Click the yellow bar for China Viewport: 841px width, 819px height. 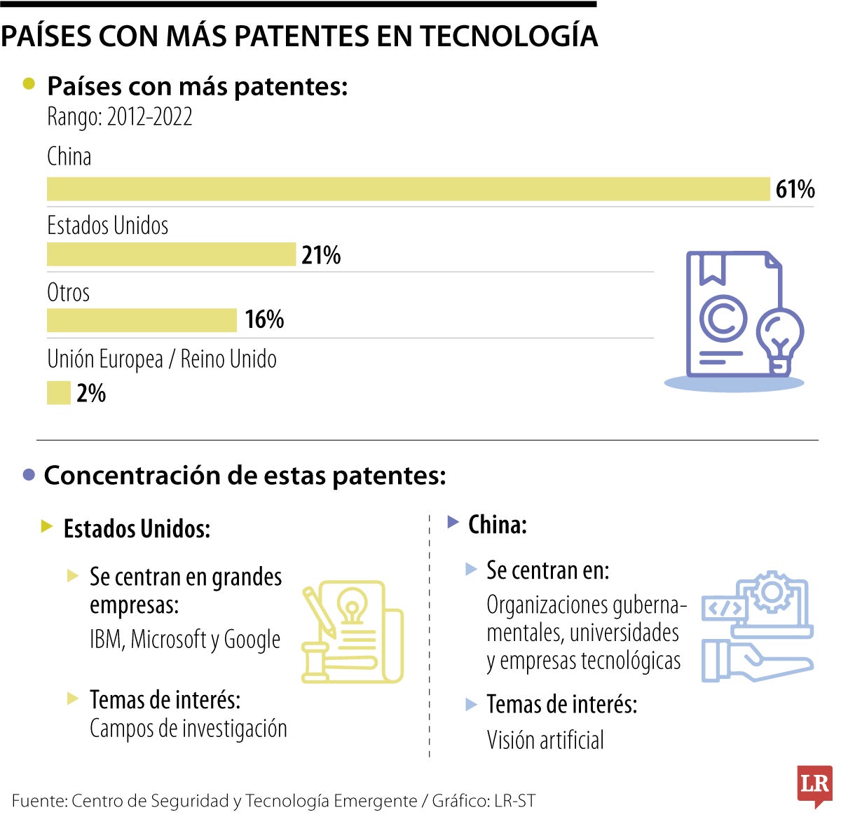(x=408, y=189)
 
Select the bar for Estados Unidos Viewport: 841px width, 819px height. (x=171, y=254)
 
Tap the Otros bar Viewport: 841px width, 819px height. (x=142, y=320)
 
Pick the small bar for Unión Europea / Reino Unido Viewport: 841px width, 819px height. (x=59, y=393)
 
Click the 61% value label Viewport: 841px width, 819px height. (x=795, y=189)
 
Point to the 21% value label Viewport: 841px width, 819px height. (x=321, y=255)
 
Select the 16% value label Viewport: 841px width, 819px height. (x=264, y=319)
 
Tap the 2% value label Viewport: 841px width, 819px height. (x=91, y=393)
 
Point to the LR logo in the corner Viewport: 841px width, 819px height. (x=814, y=785)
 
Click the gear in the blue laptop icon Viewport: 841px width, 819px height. (x=772, y=593)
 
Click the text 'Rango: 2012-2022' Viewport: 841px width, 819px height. (x=120, y=117)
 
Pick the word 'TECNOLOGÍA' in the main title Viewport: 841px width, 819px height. (x=508, y=36)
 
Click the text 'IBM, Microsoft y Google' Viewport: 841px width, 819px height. (x=185, y=640)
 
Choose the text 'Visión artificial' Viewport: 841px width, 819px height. (x=545, y=740)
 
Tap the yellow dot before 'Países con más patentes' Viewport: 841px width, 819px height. (x=29, y=84)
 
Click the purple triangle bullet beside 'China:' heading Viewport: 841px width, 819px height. (x=453, y=522)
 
